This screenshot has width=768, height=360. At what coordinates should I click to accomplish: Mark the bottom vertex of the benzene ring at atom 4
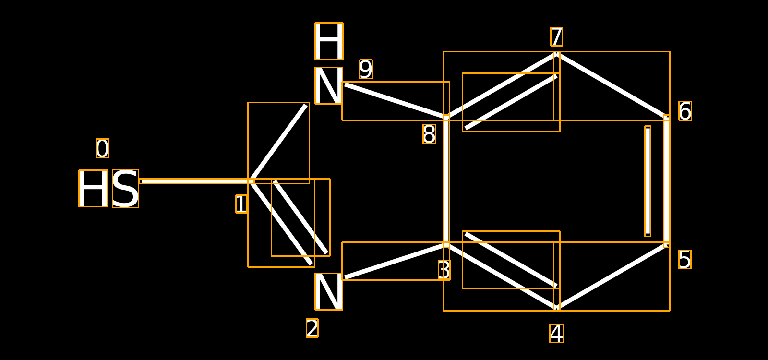pos(556,307)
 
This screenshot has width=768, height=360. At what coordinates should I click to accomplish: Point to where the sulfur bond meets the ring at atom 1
pos(251,181)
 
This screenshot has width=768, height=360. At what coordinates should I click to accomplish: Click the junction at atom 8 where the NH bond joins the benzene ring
pos(446,118)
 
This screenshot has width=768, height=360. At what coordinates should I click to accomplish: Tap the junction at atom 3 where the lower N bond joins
pos(446,245)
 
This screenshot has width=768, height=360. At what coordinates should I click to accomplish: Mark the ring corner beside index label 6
pos(666,118)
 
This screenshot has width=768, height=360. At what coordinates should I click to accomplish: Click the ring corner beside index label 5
pos(666,245)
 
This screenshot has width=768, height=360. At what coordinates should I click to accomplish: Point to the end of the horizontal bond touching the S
pos(140,181)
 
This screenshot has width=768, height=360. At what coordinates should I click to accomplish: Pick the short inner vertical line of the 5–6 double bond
pos(648,181)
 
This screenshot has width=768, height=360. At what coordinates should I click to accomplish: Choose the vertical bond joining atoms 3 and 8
pos(446,181)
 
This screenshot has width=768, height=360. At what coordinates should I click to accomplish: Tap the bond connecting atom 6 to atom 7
pos(612,86)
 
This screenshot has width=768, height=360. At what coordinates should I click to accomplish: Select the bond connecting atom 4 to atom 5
pos(612,276)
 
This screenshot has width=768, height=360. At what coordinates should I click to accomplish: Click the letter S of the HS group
pos(125,189)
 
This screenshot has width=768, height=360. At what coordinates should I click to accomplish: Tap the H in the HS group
pos(93,188)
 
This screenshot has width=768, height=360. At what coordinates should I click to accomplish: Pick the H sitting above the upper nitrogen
pos(329,41)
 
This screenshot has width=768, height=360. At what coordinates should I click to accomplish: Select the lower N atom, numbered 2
pos(329,292)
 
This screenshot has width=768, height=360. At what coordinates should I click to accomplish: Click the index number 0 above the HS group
pos(103,148)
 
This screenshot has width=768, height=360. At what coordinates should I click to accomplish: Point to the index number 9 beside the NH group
pos(366,69)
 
